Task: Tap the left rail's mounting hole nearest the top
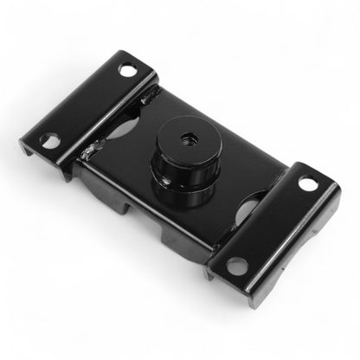(x=126, y=70)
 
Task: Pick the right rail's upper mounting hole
(x=307, y=183)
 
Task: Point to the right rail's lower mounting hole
(x=235, y=265)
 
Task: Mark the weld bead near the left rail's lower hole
(x=87, y=154)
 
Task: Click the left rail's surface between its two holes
(x=87, y=104)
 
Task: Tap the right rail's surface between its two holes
(x=272, y=223)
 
